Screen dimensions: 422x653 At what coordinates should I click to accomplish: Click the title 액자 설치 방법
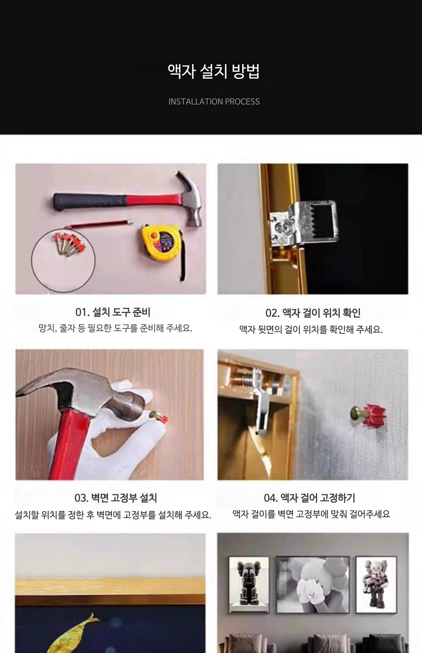tap(214, 71)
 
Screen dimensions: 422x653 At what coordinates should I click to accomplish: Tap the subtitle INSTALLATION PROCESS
tap(214, 101)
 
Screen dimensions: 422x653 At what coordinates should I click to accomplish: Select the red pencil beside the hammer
tap(99, 224)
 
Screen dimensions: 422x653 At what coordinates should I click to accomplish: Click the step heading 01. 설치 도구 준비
tap(113, 312)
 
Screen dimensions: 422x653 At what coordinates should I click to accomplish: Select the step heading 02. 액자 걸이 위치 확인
tap(313, 313)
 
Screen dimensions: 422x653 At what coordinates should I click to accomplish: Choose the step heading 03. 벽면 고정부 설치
tap(116, 498)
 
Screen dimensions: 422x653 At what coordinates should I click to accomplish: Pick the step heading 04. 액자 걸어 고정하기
tap(309, 498)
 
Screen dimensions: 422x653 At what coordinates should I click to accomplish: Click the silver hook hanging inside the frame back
tap(262, 404)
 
